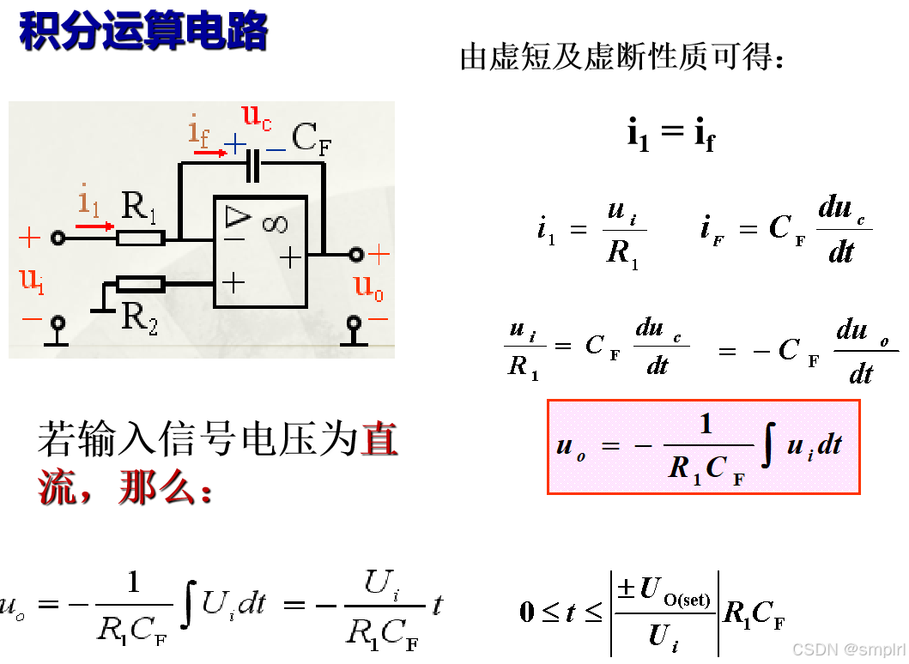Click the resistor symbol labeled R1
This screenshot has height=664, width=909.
[x=140, y=238]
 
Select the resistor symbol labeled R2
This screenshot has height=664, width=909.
[x=140, y=283]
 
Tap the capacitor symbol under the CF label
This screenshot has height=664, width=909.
[x=252, y=165]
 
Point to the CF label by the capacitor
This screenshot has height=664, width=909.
[x=310, y=138]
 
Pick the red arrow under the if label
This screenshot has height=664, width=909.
[x=209, y=153]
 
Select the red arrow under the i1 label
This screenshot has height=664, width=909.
[x=94, y=226]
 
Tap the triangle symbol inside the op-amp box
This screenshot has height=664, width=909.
[x=237, y=215]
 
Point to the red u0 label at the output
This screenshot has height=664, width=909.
[x=369, y=287]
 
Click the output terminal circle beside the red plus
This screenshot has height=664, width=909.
[x=356, y=254]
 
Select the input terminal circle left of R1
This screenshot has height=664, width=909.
[x=58, y=238]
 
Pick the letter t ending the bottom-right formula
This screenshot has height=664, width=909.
[x=438, y=606]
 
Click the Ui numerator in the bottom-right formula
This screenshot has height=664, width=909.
[x=382, y=585]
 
